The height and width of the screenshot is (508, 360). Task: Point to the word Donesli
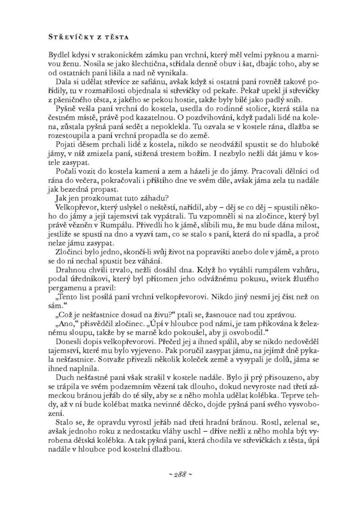67,343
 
